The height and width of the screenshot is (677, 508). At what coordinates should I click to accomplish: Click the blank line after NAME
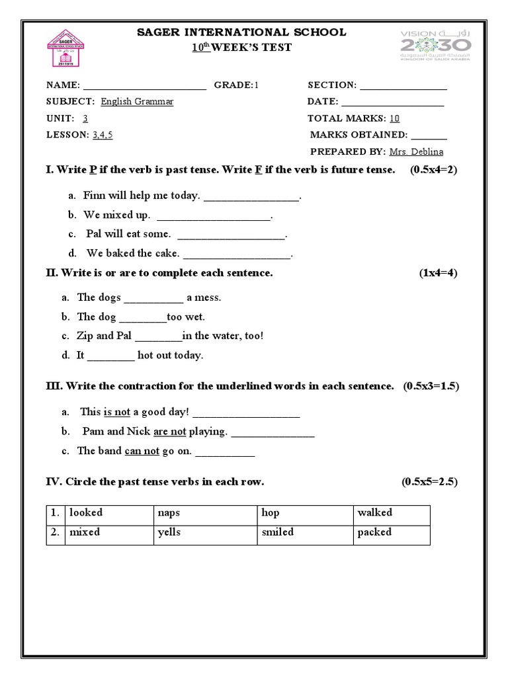tap(145, 86)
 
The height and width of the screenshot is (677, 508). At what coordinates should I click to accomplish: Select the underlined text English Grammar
tap(137, 102)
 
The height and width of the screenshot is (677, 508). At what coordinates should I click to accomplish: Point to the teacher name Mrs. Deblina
tap(416, 151)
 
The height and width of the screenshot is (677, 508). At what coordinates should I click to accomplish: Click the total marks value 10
tap(394, 118)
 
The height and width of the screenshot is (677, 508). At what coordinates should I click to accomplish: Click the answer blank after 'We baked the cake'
tap(236, 255)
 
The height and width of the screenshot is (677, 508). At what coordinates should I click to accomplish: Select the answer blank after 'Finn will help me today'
tap(251, 197)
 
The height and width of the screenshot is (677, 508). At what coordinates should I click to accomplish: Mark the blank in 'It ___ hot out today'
tap(111, 356)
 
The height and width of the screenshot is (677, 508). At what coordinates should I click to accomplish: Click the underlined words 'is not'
tap(117, 412)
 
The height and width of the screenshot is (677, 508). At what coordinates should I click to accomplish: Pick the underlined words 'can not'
tap(142, 451)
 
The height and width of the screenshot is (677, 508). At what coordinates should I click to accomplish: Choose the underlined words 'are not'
tap(169, 432)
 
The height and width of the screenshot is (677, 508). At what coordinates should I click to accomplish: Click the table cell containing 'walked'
tap(391, 513)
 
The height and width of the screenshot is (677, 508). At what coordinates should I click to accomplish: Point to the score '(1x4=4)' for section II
tap(438, 273)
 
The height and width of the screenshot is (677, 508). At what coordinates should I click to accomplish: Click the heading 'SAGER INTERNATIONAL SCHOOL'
tap(241, 32)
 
